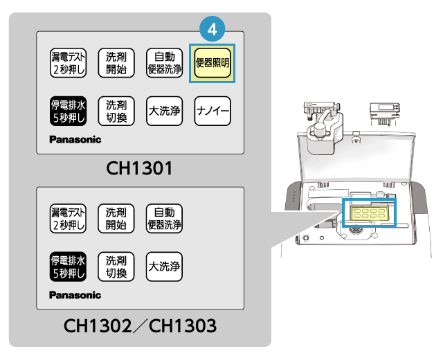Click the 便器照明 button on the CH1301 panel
213,63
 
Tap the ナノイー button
213,111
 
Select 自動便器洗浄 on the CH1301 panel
165,63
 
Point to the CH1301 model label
139,168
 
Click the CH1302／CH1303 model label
139,324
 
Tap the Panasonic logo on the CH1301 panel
75,139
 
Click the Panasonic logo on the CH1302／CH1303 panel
75,295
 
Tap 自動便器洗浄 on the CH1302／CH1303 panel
165,219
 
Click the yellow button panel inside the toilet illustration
370,213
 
